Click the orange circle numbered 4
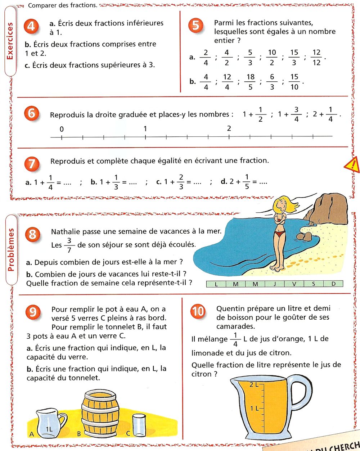(x=32, y=26)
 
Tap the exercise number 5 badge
(x=196, y=26)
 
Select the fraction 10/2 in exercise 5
(x=272, y=57)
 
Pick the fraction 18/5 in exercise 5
(x=251, y=82)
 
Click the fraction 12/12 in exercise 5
(x=316, y=57)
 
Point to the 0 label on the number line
(x=62, y=129)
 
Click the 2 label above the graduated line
(x=229, y=128)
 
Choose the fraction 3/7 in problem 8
(x=69, y=245)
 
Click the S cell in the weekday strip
(x=314, y=284)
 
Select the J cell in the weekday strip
(x=275, y=284)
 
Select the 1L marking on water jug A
(x=50, y=429)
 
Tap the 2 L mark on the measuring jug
(x=254, y=385)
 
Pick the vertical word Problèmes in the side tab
(x=11, y=249)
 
